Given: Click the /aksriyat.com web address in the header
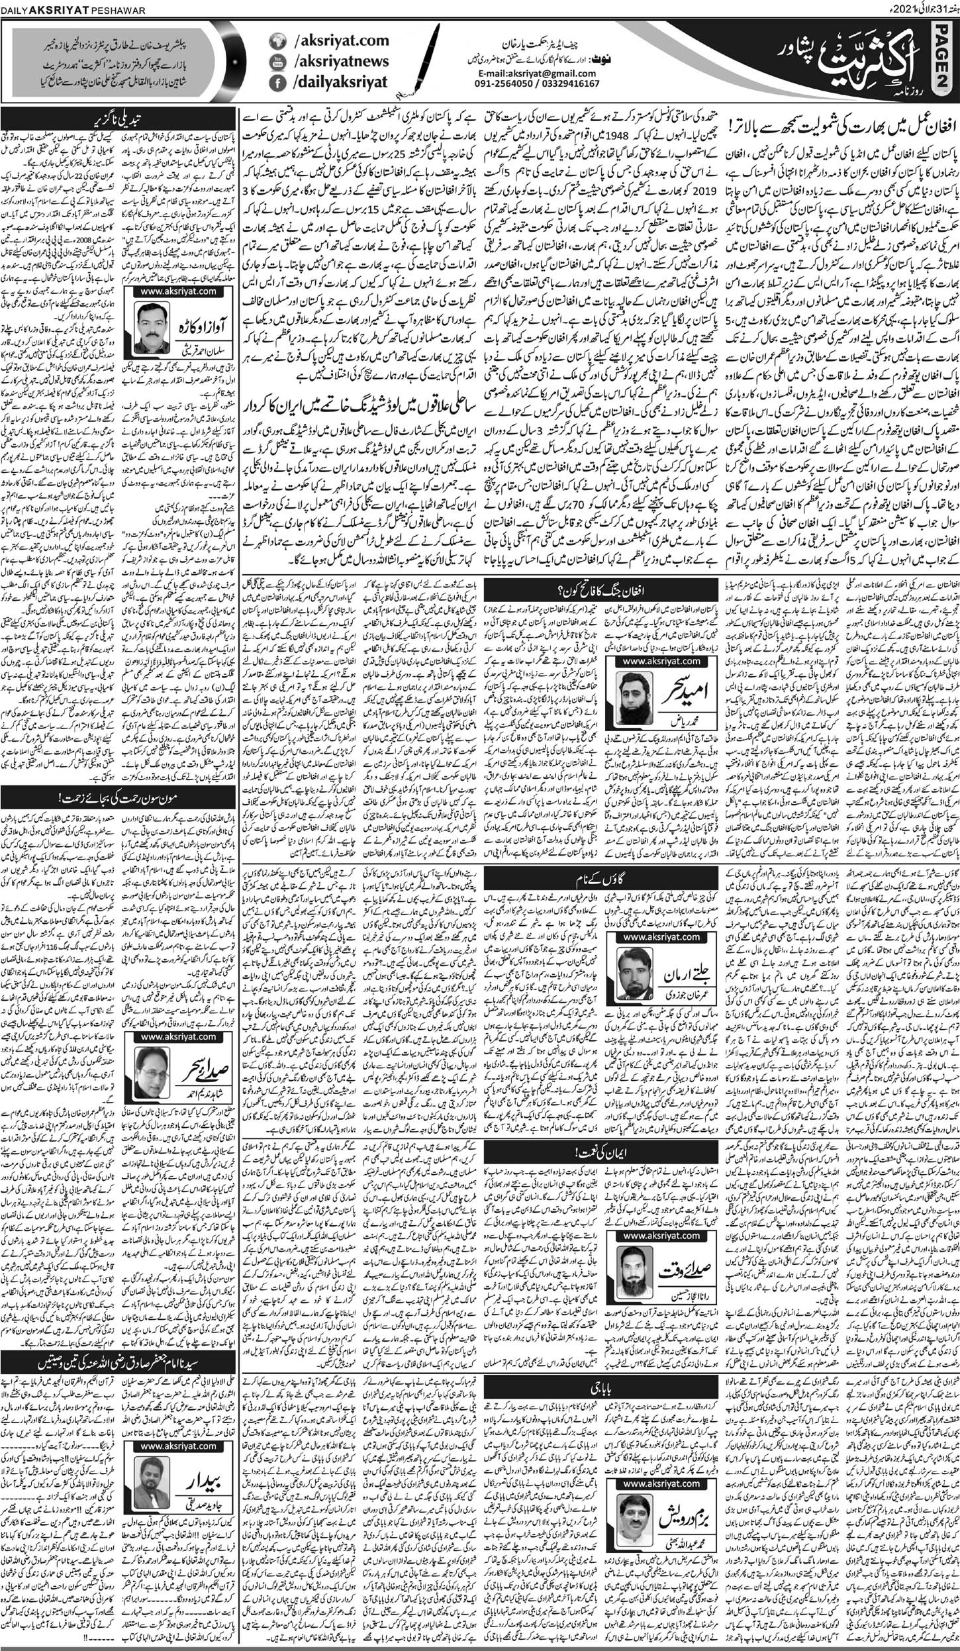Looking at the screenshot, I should pyautogui.click(x=335, y=41).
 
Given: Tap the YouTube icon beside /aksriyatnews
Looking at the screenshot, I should pyautogui.click(x=277, y=62).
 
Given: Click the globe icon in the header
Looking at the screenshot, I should pyautogui.click(x=277, y=41).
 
